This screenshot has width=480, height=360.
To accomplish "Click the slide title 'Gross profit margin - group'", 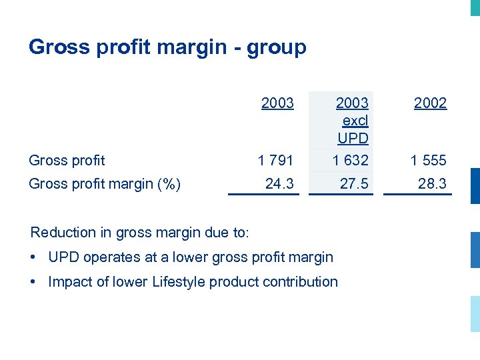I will [167, 47].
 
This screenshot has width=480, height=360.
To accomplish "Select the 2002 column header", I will [430, 103].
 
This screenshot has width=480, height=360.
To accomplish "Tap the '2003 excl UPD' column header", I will [352, 121].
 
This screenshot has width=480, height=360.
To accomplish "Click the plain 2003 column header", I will [277, 103].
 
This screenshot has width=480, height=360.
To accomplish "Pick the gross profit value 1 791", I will [276, 160].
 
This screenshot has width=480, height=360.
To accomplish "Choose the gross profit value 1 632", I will [351, 160].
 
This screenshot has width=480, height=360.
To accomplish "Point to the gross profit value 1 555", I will [429, 160].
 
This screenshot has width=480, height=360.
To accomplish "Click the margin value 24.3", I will [279, 183].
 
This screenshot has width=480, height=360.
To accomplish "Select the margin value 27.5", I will [354, 183].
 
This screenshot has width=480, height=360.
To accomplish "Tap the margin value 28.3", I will [432, 183].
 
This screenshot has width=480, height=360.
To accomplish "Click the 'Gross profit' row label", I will [67, 160].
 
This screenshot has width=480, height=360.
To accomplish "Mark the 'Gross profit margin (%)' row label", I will [105, 184].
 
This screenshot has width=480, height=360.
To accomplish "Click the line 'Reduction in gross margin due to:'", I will [139, 233].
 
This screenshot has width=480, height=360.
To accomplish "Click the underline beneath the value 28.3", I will [418, 194].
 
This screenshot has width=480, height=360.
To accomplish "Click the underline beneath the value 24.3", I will [264, 194].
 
